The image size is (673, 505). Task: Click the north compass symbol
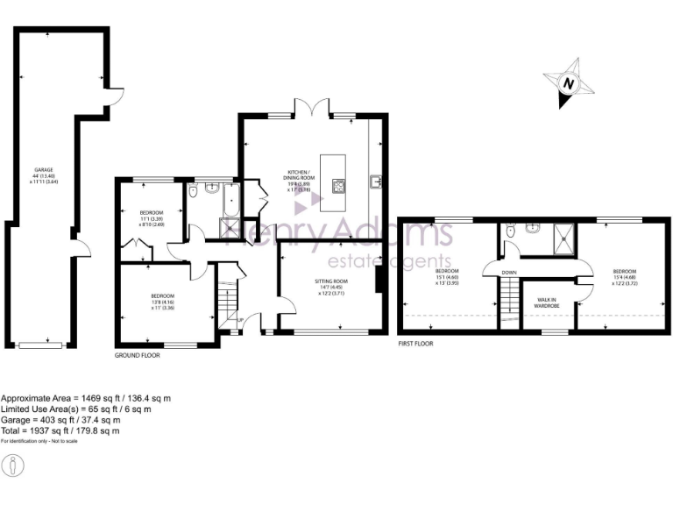coord(570,83)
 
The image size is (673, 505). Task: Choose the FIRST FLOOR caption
coord(415,344)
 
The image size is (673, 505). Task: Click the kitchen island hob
coord(337,185)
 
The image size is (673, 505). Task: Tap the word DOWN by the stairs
coord(509,273)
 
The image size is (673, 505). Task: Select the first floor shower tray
coord(564,236)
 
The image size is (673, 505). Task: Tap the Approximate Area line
coord(85,398)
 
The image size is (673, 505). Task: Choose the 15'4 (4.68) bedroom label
coord(624,276)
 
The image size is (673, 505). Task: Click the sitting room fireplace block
coord(378,280)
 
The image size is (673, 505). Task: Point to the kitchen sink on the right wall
coord(377,181)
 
